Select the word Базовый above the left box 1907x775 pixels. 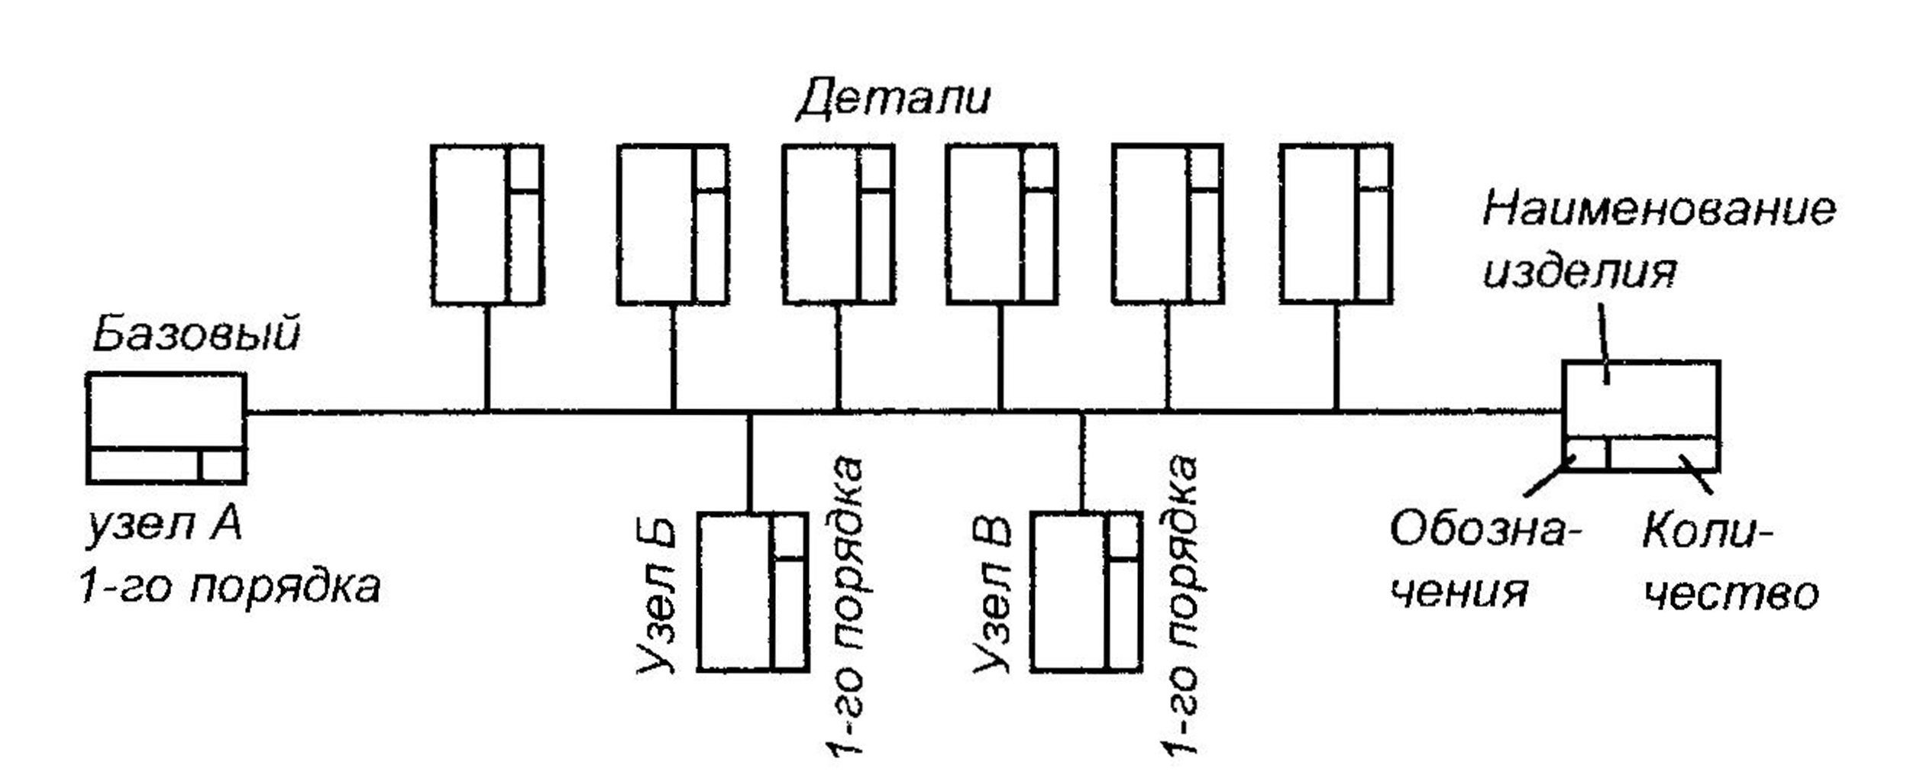tap(196, 334)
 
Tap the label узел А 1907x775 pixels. tap(163, 526)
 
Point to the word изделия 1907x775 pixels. tap(1579, 270)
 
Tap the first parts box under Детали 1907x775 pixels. tap(487, 224)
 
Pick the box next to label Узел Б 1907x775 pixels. tap(752, 592)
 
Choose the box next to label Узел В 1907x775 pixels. tap(1086, 592)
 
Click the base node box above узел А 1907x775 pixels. tap(166, 428)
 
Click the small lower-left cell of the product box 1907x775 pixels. tap(1585, 454)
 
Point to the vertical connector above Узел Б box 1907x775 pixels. tap(749, 463)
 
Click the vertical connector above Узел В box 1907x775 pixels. tap(1081, 463)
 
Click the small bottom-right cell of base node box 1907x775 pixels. tap(221, 465)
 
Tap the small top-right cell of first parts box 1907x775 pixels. tap(525, 168)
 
